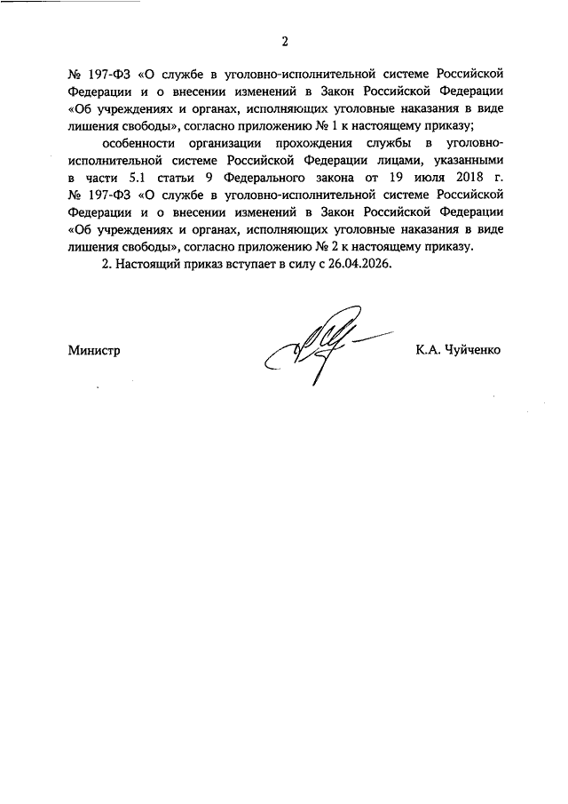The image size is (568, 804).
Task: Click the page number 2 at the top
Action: (x=285, y=41)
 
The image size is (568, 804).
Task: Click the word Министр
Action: (x=93, y=350)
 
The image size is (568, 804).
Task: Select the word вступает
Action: (x=253, y=264)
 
